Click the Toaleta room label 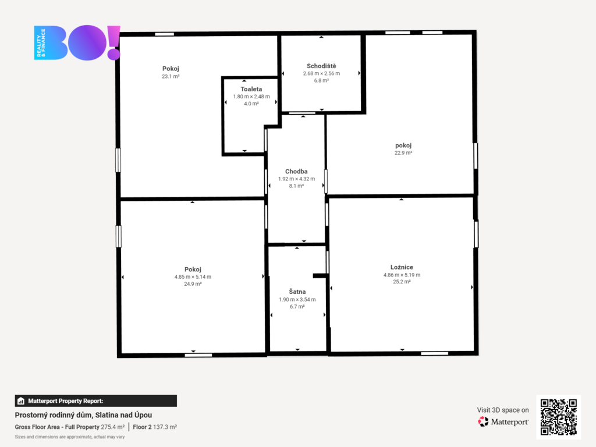pos(251,89)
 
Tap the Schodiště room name pos(321,66)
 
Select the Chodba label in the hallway pos(296,172)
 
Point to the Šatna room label pos(297,292)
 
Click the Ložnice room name pos(402,267)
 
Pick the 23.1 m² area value pos(171,76)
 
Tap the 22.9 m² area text pos(403,153)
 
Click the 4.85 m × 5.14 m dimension pos(193,276)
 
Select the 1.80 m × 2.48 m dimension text pos(251,97)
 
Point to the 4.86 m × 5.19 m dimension pos(402,275)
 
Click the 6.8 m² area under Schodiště pos(321,80)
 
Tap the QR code pos(558,417)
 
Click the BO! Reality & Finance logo pos(77,42)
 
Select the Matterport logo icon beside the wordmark pos(483,421)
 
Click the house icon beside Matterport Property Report pos(21,401)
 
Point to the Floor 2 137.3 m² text pos(155,427)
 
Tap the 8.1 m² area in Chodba pos(296,186)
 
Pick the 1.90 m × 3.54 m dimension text pos(297,300)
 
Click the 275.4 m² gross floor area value pos(112,427)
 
